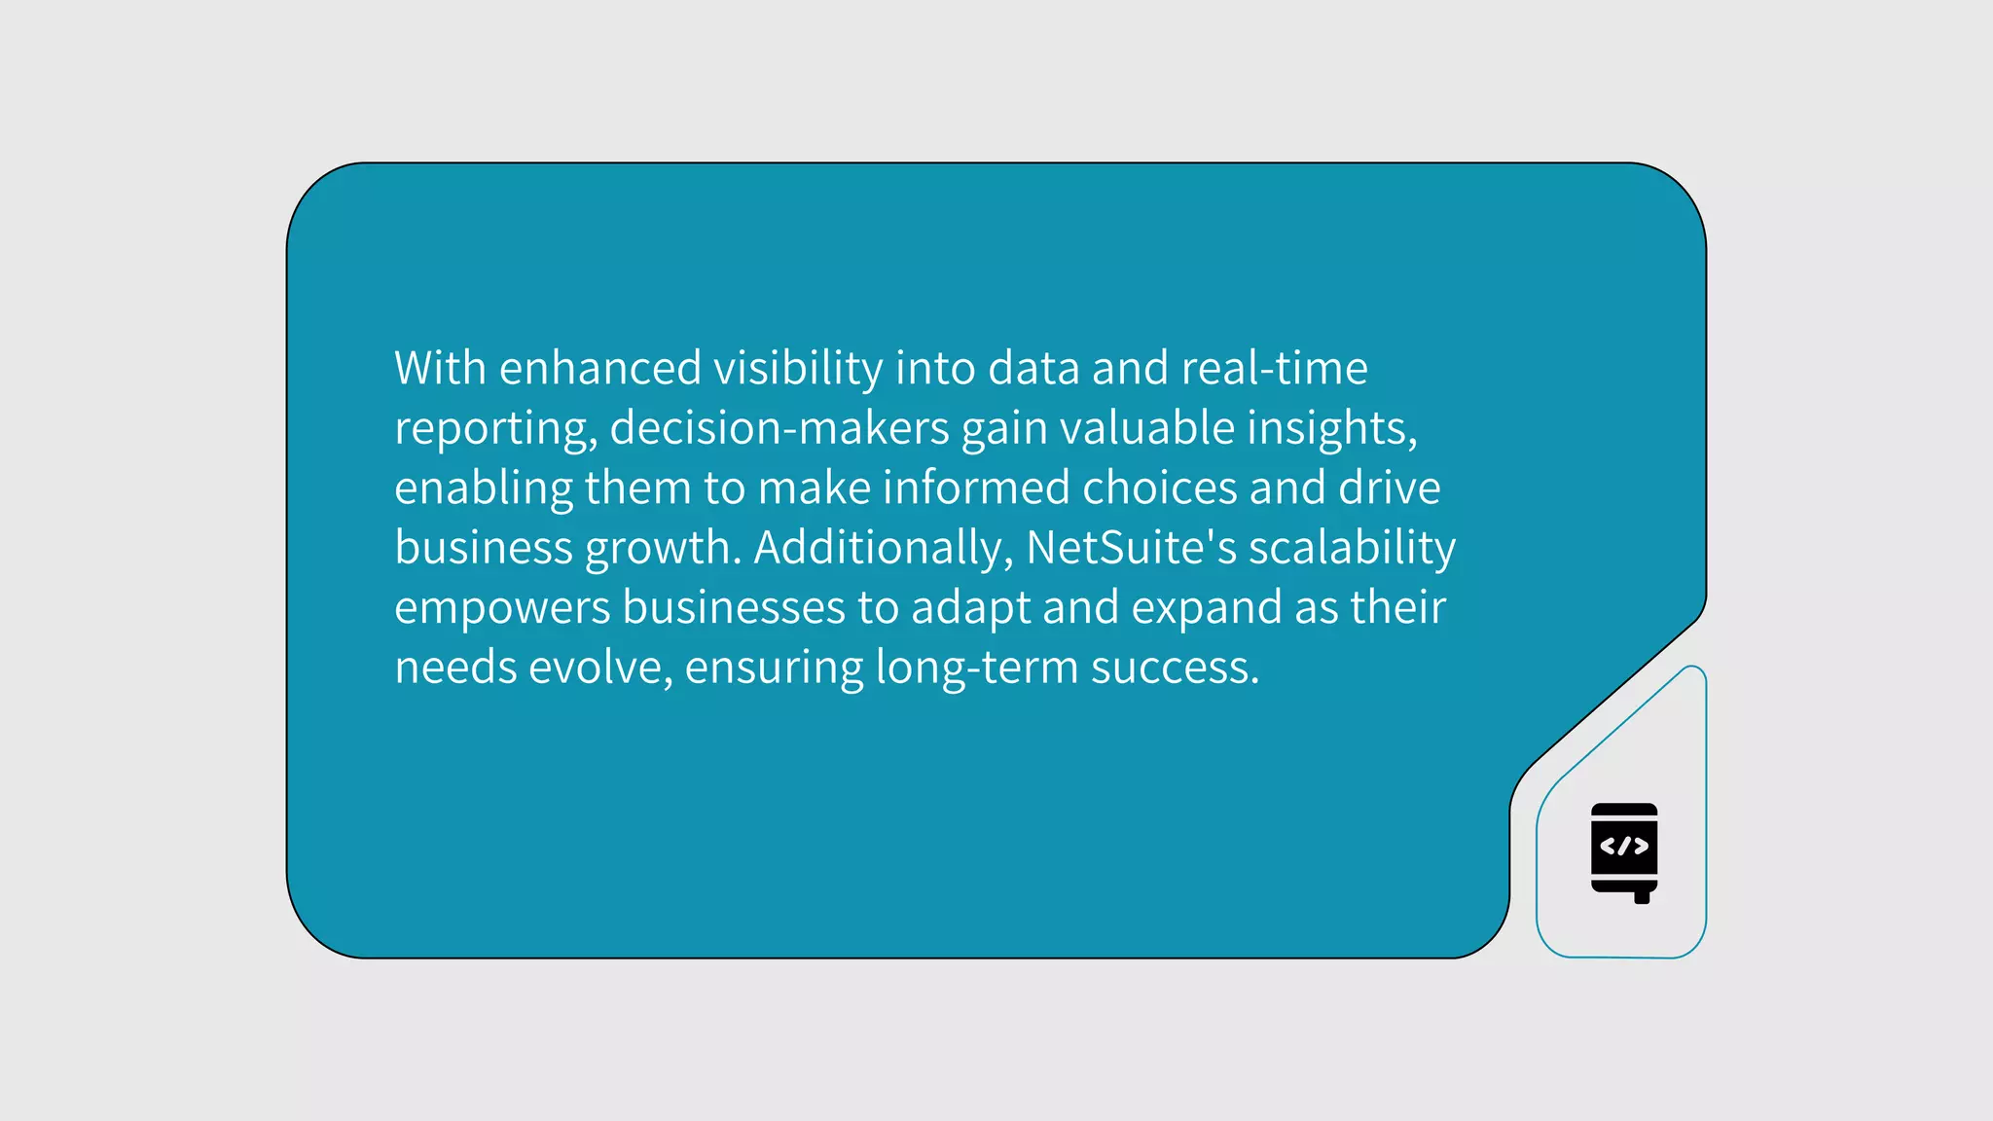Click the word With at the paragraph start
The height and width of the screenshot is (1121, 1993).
pyautogui.click(x=440, y=368)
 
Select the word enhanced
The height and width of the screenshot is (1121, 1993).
pyautogui.click(x=599, y=368)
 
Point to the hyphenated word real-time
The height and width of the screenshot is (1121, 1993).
pyautogui.click(x=1274, y=368)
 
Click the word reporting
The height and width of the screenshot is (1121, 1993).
pyautogui.click(x=494, y=429)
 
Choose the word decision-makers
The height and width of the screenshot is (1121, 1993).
pyautogui.click(x=779, y=428)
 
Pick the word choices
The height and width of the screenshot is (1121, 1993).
pyautogui.click(x=1159, y=488)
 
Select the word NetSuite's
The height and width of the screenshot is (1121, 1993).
pyautogui.click(x=1132, y=548)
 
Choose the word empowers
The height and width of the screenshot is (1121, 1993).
pyautogui.click(x=502, y=608)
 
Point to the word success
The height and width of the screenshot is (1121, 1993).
pyautogui.click(x=1175, y=668)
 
